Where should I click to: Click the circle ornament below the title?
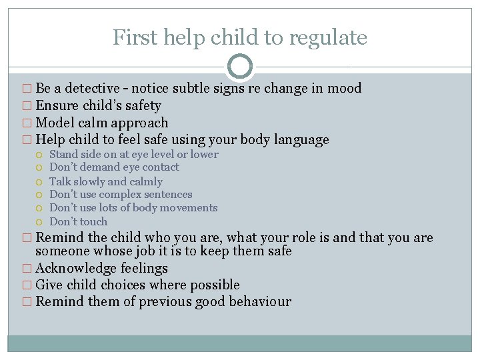(x=240, y=67)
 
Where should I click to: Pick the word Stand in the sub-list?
(x=65, y=154)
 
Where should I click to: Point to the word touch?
(x=93, y=221)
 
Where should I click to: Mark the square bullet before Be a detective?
(x=27, y=89)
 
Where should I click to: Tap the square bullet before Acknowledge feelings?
(x=27, y=269)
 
